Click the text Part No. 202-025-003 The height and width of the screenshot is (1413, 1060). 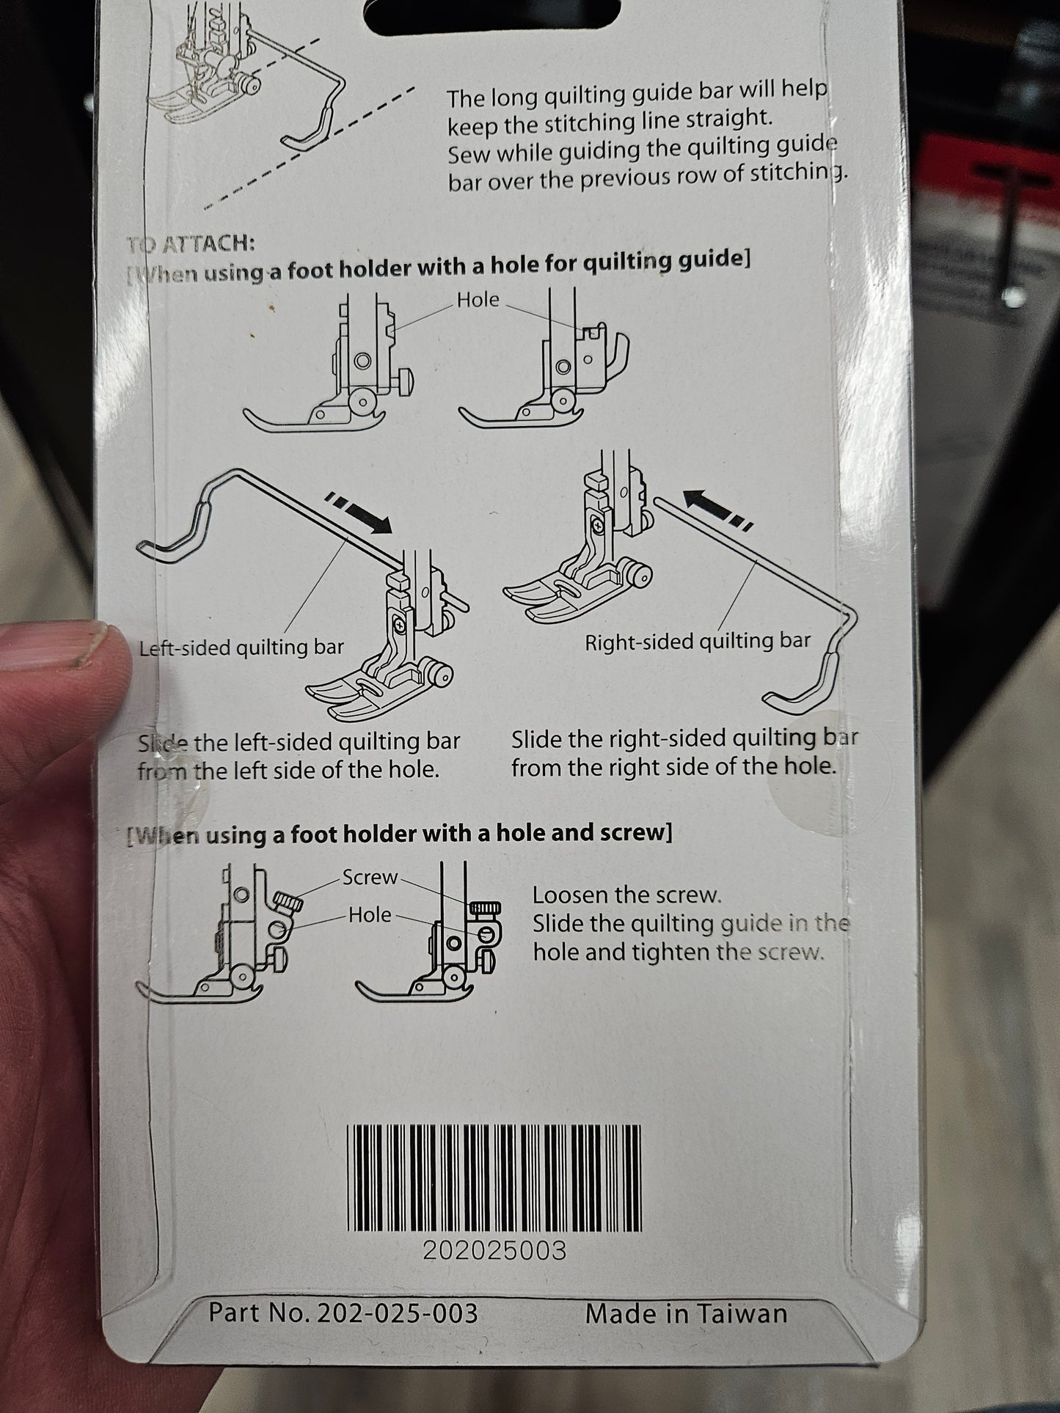pos(343,1312)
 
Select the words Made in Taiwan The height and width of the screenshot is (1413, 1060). pos(686,1313)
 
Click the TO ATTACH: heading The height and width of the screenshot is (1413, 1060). pos(190,243)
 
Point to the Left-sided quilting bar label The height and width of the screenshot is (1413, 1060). pos(241,647)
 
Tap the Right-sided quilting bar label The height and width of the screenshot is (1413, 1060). pos(697,642)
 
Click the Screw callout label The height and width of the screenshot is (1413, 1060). pos(370,877)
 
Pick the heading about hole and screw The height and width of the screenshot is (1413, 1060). pos(400,834)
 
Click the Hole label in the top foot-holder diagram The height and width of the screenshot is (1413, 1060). pos(478,299)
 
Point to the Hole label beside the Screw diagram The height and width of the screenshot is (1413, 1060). pos(370,914)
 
